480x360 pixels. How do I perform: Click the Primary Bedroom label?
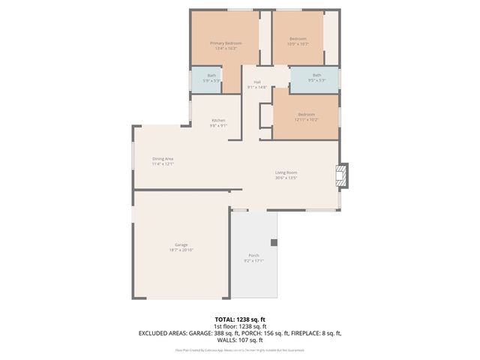pos(226,43)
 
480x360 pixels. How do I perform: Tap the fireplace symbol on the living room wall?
pos(341,175)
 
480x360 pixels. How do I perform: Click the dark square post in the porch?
pos(274,242)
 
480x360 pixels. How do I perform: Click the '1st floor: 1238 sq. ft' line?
pos(239,326)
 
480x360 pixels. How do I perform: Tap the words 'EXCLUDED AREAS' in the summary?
pos(160,333)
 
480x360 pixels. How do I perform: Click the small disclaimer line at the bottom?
pos(239,349)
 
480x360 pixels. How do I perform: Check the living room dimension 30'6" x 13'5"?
pos(286,178)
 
